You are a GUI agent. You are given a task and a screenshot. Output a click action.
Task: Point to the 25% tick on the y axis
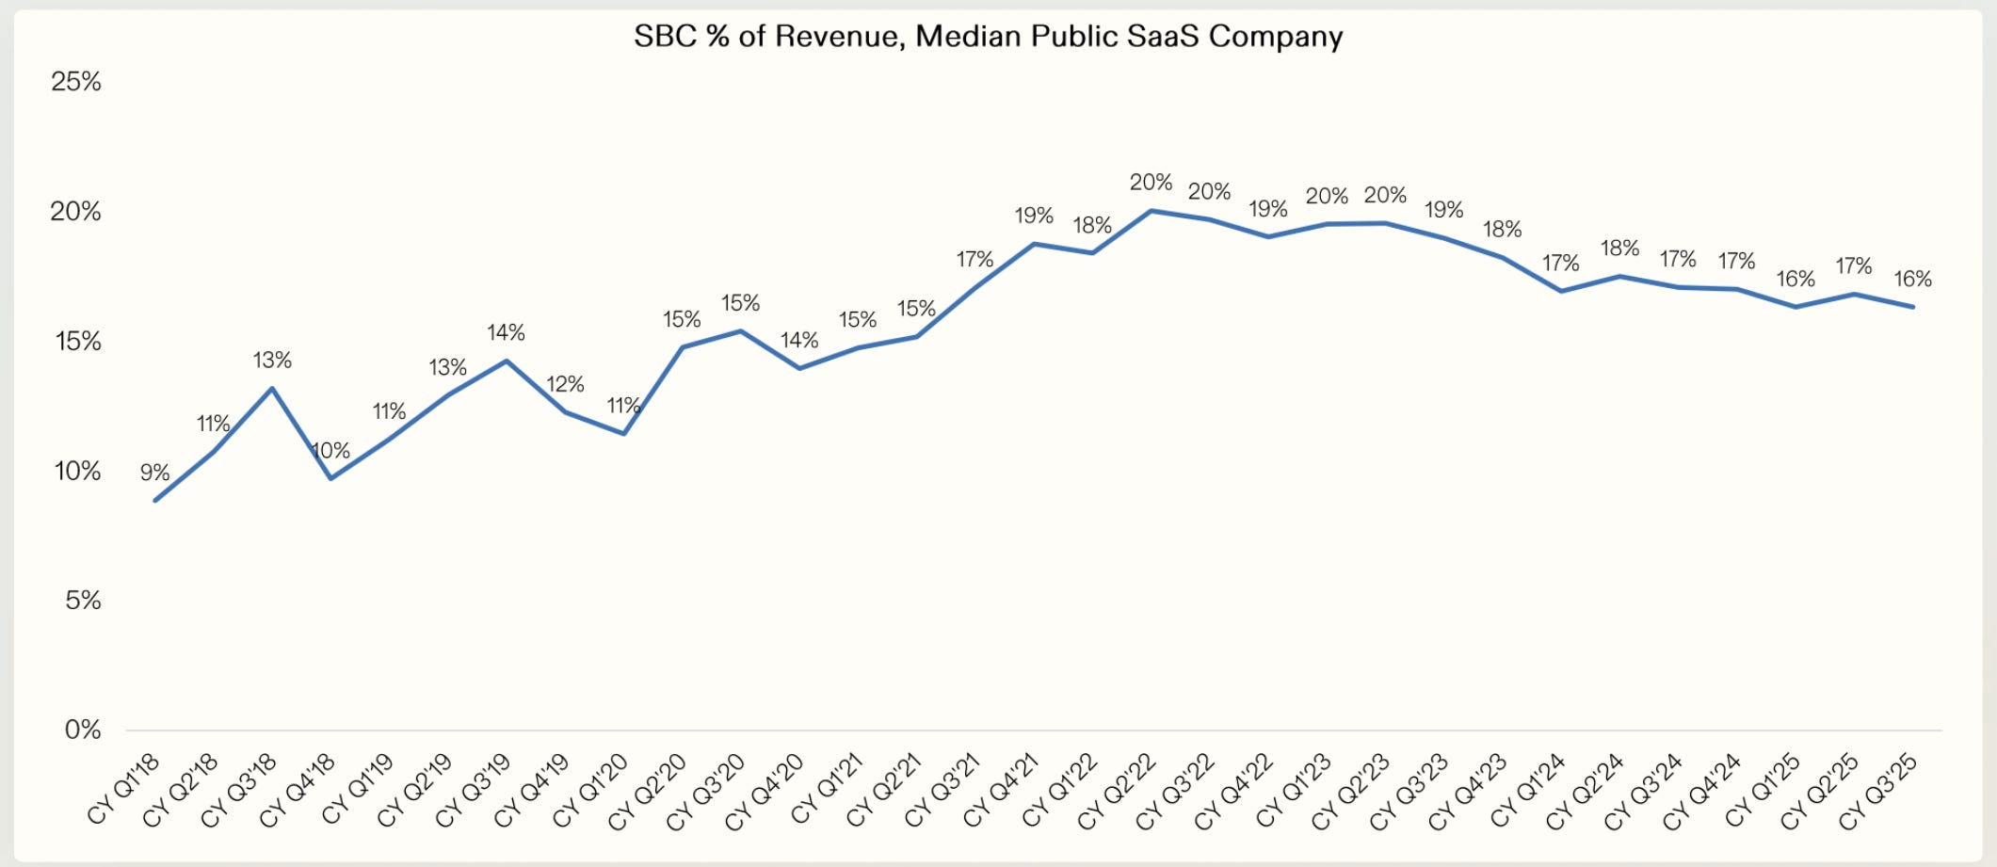(x=76, y=82)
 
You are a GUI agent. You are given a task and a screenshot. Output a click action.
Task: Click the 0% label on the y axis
(x=83, y=730)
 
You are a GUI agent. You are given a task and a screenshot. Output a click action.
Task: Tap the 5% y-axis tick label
(x=83, y=600)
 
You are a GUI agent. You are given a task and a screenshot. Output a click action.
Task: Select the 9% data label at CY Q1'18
(x=155, y=473)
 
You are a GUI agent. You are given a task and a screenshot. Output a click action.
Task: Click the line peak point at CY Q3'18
(x=272, y=388)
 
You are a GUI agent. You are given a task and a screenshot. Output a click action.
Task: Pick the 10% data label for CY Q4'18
(x=330, y=451)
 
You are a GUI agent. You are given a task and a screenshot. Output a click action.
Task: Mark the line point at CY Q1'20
(x=623, y=433)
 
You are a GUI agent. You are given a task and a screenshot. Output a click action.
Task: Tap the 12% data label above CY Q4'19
(x=565, y=384)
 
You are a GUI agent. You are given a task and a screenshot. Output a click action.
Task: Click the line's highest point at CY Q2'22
(x=1151, y=211)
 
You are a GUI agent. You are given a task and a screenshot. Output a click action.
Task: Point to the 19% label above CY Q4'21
(x=1034, y=216)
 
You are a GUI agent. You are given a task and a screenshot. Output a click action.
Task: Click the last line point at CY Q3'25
(x=1912, y=307)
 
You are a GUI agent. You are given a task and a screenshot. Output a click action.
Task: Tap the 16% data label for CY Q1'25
(x=1796, y=279)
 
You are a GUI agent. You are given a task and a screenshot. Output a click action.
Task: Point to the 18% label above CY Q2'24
(x=1619, y=249)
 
